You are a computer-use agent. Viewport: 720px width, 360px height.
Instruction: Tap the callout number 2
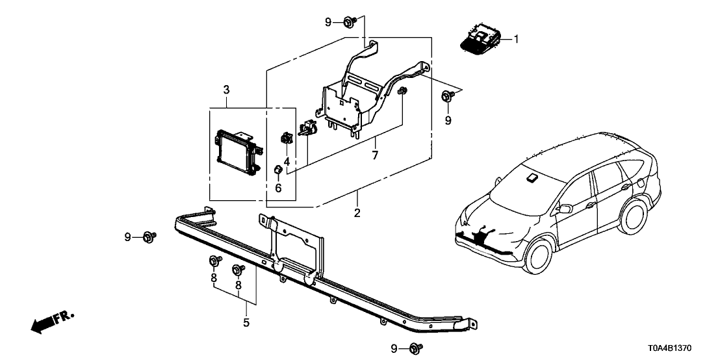(356, 212)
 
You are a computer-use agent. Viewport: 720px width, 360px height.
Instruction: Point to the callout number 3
(226, 88)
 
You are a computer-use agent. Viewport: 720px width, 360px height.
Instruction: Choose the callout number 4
(286, 161)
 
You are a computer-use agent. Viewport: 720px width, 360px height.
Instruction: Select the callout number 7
(374, 155)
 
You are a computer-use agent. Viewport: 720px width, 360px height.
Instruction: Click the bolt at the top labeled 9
(349, 23)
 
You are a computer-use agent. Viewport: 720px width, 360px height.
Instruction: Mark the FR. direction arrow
(52, 322)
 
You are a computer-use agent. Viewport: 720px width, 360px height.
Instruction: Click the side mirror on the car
(565, 209)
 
